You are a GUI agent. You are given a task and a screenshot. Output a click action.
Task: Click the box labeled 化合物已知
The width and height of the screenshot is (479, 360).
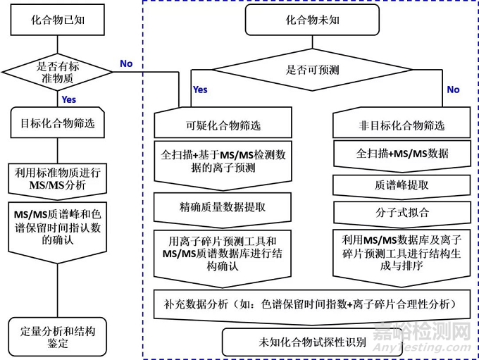[x=56, y=20]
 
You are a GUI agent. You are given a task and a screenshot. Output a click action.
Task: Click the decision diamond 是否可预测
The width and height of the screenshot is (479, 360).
[x=312, y=70]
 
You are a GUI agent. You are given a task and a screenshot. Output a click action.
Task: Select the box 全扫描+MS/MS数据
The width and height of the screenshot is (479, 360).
[x=402, y=154]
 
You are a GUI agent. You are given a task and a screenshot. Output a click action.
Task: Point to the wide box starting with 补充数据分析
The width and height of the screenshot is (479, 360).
[x=313, y=304]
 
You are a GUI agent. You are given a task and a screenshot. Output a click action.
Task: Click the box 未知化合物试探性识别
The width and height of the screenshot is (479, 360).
[x=312, y=342]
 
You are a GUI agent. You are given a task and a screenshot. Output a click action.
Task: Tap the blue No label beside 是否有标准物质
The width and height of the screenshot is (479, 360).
[x=126, y=64]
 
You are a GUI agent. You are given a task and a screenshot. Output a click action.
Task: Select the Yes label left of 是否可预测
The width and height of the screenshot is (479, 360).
[x=200, y=89]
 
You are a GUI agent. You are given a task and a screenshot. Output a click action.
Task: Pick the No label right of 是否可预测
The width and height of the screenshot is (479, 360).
[x=453, y=89]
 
